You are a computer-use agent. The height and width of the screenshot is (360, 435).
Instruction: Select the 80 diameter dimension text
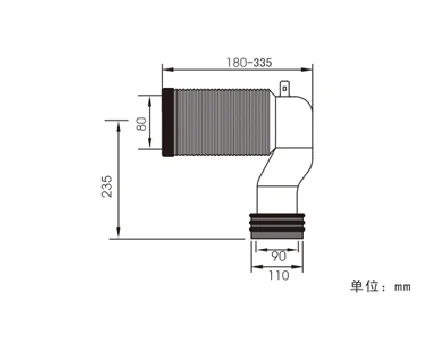point(143,123)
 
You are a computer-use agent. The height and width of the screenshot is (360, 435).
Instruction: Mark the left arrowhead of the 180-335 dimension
point(166,70)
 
